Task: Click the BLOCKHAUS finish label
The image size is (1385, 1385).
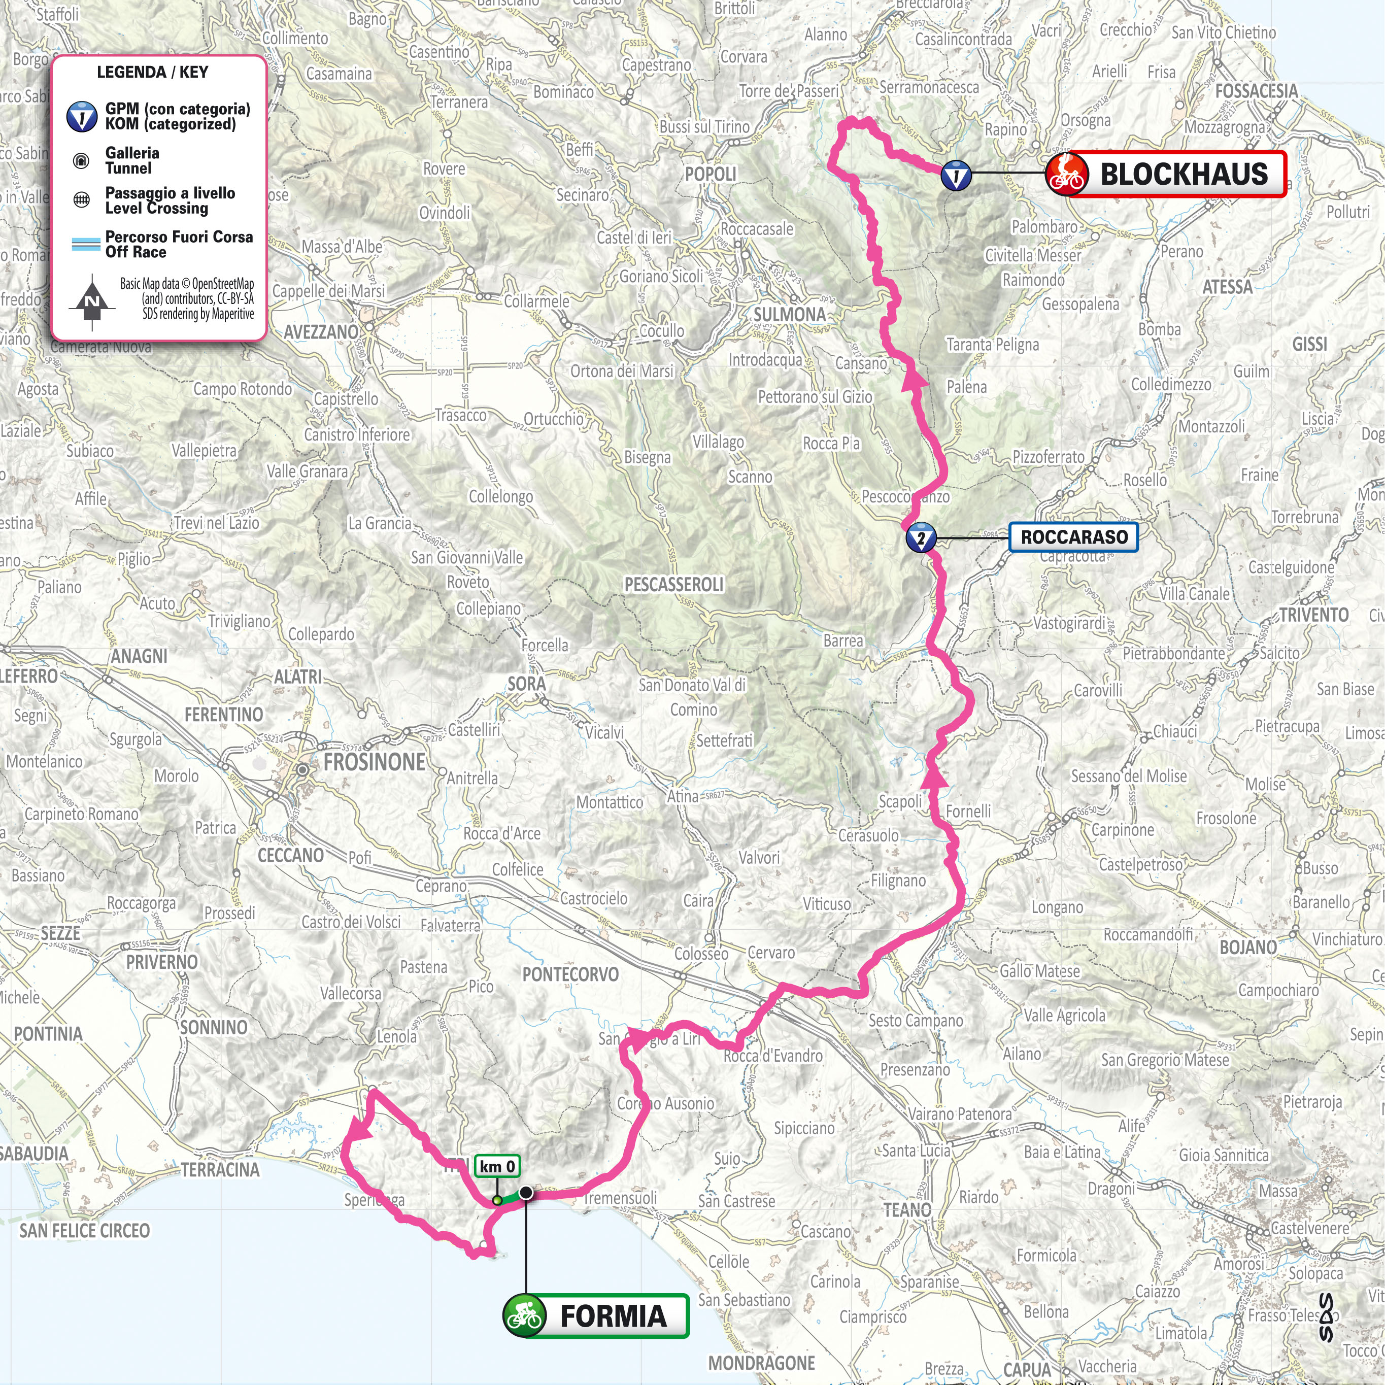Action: click(x=1183, y=174)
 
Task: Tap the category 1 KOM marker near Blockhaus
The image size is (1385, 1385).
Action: click(x=956, y=175)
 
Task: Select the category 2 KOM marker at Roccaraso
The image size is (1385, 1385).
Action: click(x=921, y=537)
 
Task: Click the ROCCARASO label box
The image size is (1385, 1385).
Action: click(x=1073, y=537)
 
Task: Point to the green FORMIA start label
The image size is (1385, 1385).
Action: click(x=613, y=1316)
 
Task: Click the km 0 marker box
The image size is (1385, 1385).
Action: click(x=497, y=1166)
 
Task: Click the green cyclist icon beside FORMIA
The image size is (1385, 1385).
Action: click(x=525, y=1316)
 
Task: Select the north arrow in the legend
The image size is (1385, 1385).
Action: click(x=92, y=301)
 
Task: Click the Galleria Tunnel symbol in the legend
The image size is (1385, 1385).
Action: click(x=82, y=160)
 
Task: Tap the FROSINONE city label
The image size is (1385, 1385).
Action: click(x=374, y=762)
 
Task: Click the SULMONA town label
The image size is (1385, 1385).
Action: click(x=789, y=315)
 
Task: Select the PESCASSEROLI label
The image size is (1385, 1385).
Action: click(x=674, y=584)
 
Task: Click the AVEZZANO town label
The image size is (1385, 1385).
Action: click(x=320, y=332)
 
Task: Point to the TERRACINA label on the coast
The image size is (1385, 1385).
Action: click(x=220, y=1170)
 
